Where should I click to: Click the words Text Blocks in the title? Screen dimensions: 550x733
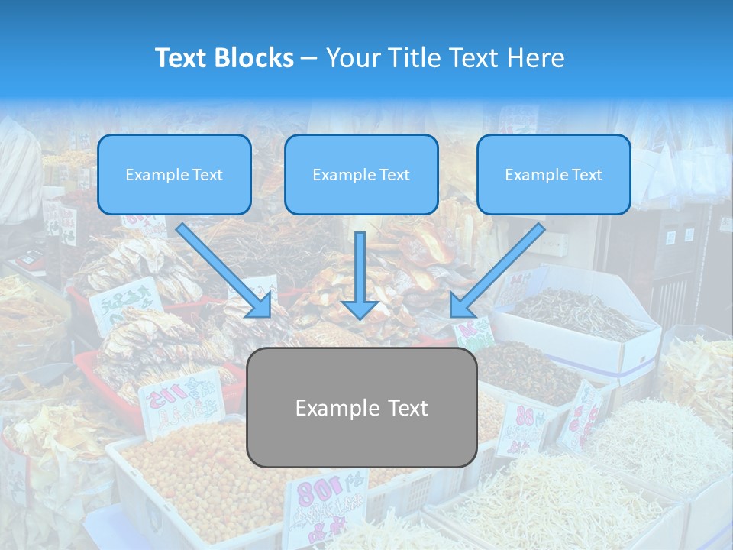point(224,58)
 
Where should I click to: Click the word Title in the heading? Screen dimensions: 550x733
point(415,58)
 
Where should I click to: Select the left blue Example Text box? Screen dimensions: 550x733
point(174,174)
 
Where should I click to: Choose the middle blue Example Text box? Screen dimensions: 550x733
point(361,174)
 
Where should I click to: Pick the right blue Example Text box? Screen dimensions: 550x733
point(554,174)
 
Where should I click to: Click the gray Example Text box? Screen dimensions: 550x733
point(361,407)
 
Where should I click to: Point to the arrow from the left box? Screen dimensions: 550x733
point(223,270)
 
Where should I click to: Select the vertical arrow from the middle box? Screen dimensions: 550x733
point(360,275)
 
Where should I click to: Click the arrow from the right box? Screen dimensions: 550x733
point(498,270)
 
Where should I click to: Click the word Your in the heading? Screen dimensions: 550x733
point(354,58)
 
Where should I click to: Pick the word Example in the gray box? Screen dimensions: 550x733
point(329,408)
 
